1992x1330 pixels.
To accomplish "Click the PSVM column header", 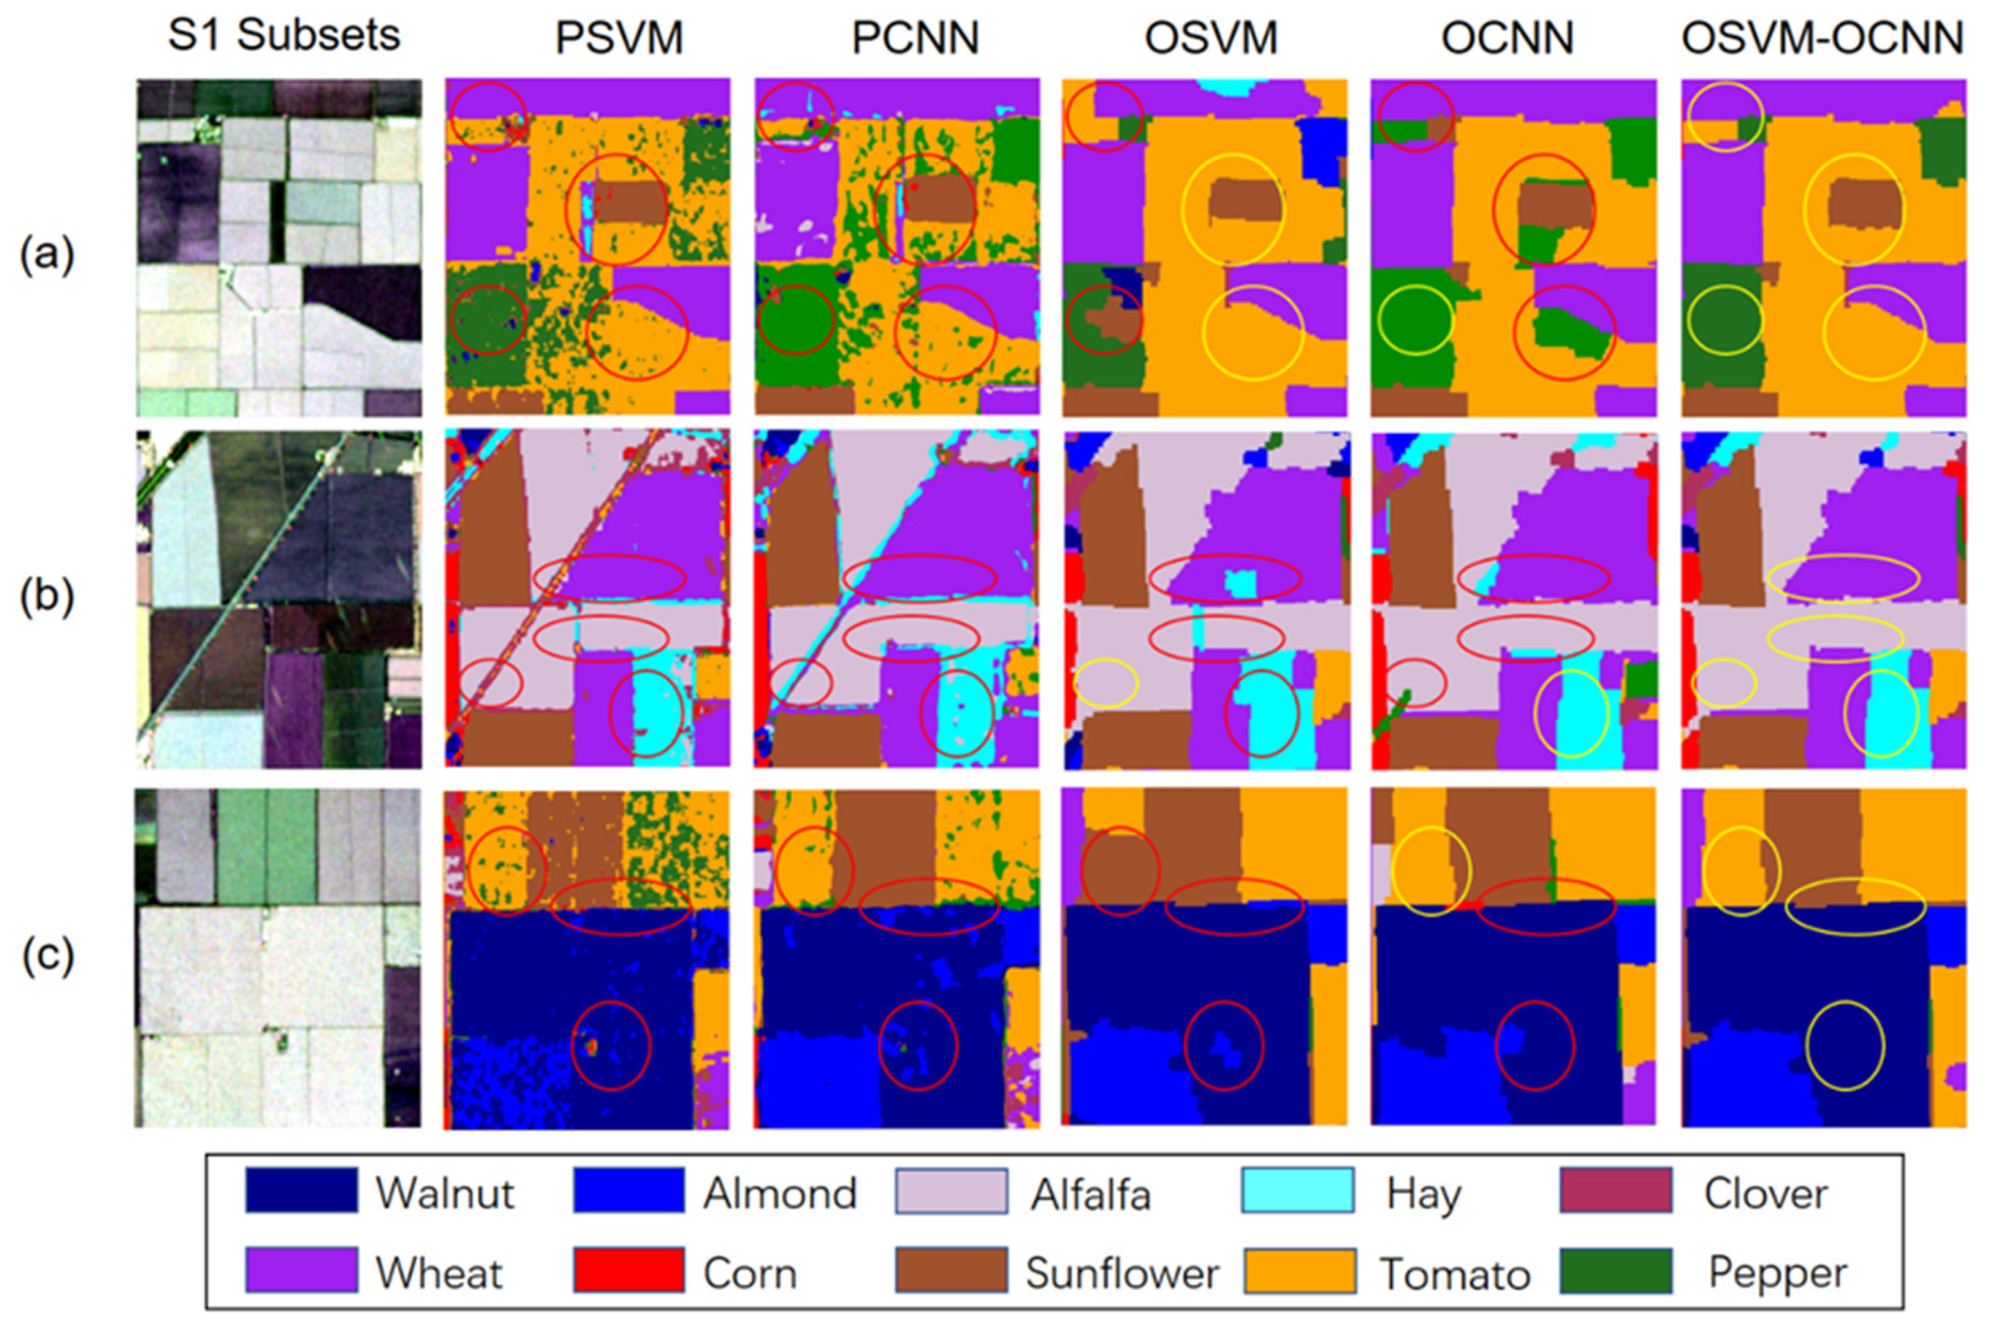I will coord(618,38).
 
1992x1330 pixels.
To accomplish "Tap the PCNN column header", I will coord(915,38).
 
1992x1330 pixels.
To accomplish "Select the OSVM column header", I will coord(1211,38).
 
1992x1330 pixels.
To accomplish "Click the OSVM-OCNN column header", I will coord(1822,38).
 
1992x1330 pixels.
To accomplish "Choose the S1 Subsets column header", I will coord(283,36).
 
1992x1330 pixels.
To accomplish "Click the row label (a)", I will coord(47,254).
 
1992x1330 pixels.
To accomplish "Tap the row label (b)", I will coord(47,597).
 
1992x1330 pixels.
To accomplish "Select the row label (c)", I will coord(47,955).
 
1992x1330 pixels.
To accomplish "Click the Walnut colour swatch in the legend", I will coord(301,1191).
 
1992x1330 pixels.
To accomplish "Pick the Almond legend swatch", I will coord(628,1191).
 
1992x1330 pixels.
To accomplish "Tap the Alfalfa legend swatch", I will coord(951,1191).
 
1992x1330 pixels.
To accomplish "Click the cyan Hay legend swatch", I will coord(1297,1191).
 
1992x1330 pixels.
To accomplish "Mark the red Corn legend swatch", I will coord(628,1270).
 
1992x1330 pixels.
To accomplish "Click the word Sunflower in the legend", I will coord(1121,1273).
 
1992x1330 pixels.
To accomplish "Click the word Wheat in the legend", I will coord(439,1273).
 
